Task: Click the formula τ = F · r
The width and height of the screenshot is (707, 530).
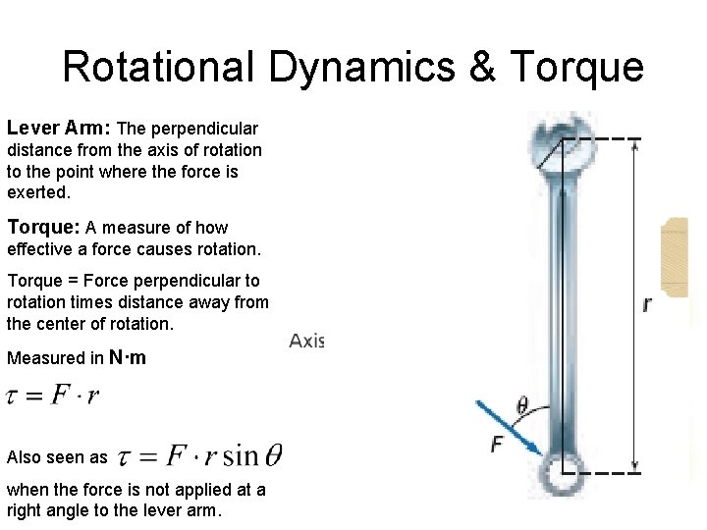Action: [53, 397]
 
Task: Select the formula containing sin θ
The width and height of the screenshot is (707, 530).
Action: [200, 456]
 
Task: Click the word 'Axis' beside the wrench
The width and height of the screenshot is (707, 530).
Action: [306, 341]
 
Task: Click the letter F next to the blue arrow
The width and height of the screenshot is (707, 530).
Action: [496, 444]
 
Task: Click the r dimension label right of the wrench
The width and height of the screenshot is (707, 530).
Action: [646, 305]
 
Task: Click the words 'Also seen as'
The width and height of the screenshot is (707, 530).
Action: [56, 457]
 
